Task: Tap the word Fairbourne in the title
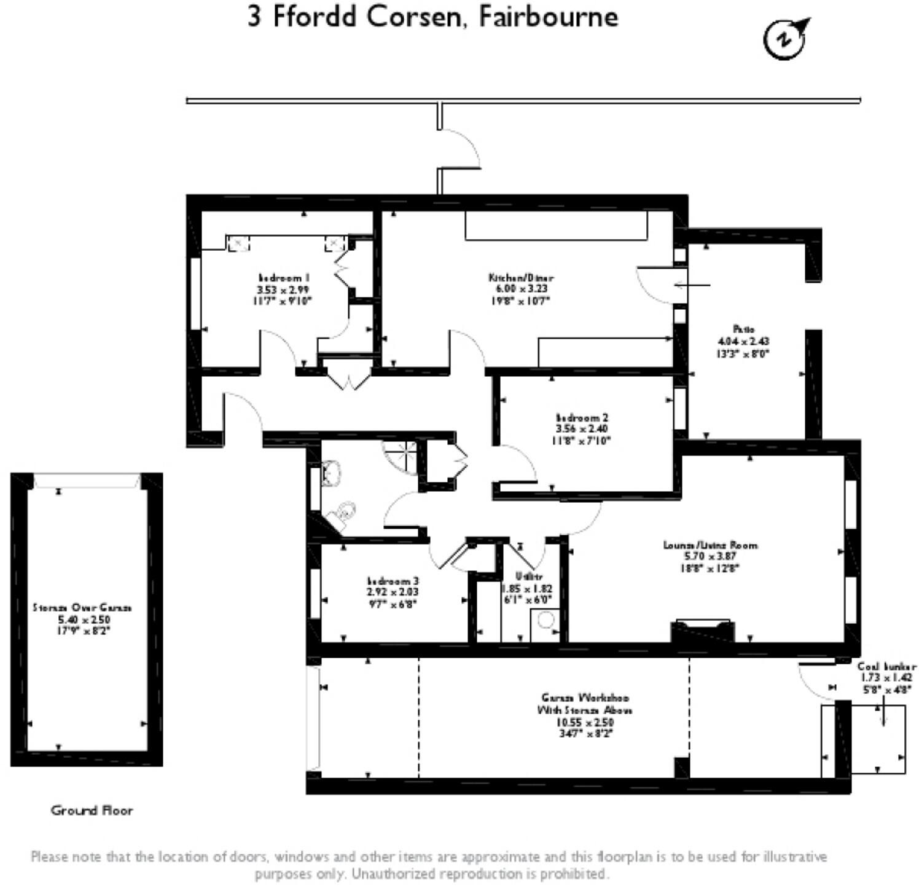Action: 548,17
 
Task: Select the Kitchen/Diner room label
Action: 520,278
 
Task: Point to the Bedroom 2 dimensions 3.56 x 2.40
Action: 582,429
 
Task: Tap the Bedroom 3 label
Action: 393,581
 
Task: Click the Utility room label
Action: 529,577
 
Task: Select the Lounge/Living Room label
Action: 710,545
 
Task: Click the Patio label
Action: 743,329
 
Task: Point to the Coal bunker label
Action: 886,666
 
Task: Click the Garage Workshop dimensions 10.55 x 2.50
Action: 585,722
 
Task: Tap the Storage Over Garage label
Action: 82,607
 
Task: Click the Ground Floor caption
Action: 92,810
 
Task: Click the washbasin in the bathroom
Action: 332,474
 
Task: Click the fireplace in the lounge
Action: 702,631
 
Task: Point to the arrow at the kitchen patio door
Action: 692,285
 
